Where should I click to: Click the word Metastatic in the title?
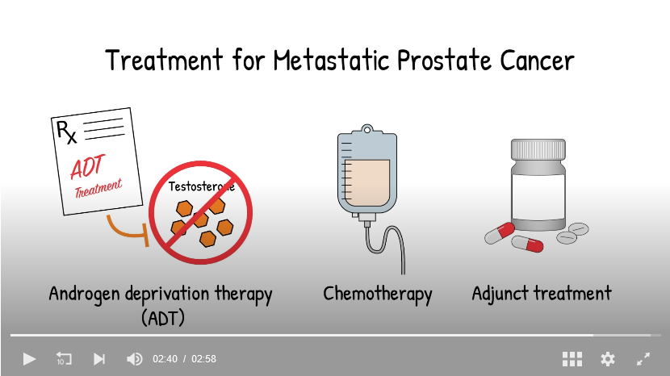(x=331, y=60)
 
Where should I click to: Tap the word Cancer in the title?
(x=537, y=60)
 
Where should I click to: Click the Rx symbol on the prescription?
(x=66, y=132)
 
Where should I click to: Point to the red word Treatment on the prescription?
(x=98, y=189)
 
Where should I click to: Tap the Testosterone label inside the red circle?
(x=201, y=186)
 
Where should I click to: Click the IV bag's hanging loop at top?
(x=367, y=128)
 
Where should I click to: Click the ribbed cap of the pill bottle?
(x=538, y=149)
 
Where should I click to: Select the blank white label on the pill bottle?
(x=538, y=197)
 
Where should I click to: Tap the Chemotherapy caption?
(x=377, y=295)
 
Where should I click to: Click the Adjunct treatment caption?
(x=542, y=294)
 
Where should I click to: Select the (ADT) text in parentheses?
(x=163, y=318)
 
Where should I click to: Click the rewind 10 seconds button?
(x=64, y=358)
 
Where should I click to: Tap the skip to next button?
(x=99, y=359)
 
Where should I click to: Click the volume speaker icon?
(x=135, y=359)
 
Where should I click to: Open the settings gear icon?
(x=608, y=359)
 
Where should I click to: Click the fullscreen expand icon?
(x=643, y=359)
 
